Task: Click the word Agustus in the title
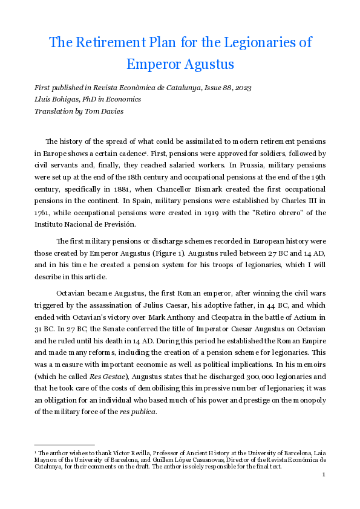(203, 63)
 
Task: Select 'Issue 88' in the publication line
(205, 88)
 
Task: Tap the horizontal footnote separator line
(64, 445)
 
